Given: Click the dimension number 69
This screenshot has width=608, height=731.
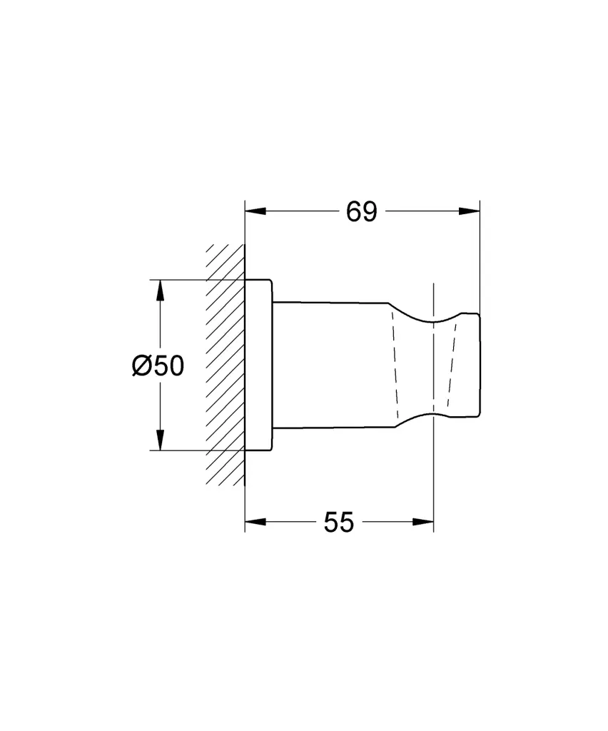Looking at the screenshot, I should tap(361, 211).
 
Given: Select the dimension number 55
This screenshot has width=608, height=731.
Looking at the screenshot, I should tap(338, 523).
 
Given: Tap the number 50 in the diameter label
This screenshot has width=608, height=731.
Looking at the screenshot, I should tap(168, 365).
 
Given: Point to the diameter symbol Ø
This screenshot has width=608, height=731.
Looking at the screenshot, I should tap(141, 365).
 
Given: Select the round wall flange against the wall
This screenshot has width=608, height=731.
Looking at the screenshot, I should tap(258, 364).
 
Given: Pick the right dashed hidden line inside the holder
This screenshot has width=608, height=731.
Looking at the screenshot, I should tap(451, 364).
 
